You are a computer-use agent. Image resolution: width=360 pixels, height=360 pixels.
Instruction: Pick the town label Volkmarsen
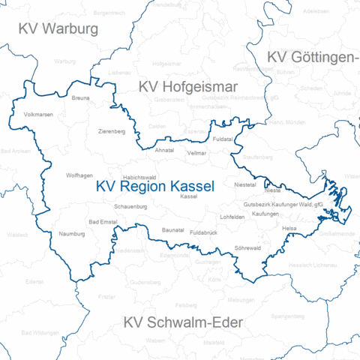point(39,115)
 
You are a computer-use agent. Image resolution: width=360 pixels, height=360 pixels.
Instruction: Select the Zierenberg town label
point(112,131)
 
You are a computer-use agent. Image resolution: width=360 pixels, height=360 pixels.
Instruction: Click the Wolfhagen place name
point(79,175)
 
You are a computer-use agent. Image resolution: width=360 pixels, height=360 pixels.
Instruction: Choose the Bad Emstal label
point(103,221)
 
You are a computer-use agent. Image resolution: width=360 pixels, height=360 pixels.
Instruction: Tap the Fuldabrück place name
point(204,233)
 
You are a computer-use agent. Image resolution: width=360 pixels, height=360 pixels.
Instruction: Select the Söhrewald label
point(247,247)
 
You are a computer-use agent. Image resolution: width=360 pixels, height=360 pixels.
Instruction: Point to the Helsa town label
point(289,227)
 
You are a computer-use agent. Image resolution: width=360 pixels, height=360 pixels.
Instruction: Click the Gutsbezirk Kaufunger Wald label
point(283,204)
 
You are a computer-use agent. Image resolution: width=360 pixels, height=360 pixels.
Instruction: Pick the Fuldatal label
point(223,139)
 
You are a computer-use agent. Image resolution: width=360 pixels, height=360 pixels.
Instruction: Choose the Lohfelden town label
point(232,217)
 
